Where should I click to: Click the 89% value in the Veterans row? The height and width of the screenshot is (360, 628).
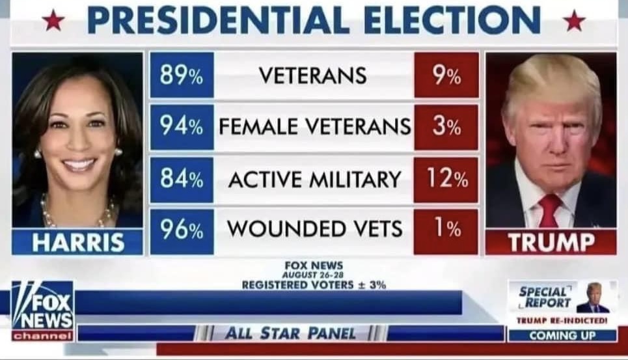click(x=182, y=76)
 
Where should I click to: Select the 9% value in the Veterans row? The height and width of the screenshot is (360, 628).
click(x=446, y=76)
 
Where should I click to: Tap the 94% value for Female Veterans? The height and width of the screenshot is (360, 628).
click(x=182, y=127)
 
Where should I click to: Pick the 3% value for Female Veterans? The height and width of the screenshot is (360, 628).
click(x=446, y=127)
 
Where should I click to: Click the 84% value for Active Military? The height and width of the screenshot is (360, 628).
click(x=182, y=178)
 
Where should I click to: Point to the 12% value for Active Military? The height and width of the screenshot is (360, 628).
click(x=446, y=178)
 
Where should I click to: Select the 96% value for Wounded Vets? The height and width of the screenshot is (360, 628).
click(x=182, y=230)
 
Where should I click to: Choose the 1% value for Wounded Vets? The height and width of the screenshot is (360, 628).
click(x=446, y=230)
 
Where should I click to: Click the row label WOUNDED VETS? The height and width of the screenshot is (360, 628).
click(x=314, y=230)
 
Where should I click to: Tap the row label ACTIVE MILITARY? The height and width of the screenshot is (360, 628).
click(x=314, y=179)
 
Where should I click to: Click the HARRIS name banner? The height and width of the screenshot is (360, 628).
click(x=78, y=242)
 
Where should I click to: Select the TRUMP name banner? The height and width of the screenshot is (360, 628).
click(x=551, y=242)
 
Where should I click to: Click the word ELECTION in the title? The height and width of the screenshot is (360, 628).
click(x=452, y=20)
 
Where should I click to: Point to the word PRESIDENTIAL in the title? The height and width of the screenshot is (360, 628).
click(x=217, y=20)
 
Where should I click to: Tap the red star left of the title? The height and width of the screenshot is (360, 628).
click(x=53, y=21)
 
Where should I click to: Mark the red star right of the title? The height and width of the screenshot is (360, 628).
click(x=574, y=21)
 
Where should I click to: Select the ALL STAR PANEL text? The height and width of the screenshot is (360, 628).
click(x=290, y=334)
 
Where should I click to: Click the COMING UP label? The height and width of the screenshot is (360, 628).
click(x=562, y=336)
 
